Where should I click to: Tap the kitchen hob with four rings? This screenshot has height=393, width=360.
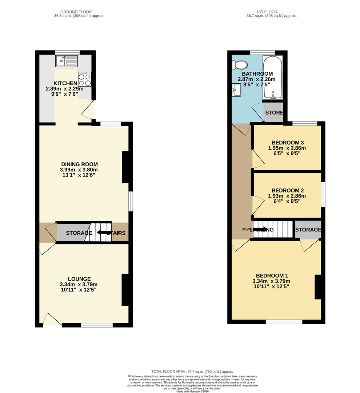point(84,79)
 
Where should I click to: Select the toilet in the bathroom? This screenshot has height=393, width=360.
point(240,65)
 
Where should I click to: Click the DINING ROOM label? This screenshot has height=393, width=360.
point(79,164)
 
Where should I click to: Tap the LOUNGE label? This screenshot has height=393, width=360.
point(79,279)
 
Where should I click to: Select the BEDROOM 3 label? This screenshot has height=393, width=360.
point(287,143)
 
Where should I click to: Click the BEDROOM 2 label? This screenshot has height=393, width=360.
point(287,190)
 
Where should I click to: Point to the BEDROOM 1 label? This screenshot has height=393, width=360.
point(271,275)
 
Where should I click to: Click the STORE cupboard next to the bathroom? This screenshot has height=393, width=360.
point(274,113)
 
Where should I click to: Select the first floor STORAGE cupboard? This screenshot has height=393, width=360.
point(308,230)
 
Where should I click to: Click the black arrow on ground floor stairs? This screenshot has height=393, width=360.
point(104,233)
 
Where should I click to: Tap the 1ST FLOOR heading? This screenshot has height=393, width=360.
point(265,12)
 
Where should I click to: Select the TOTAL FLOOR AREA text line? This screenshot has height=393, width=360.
point(193,371)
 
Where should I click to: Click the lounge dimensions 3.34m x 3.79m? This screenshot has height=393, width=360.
point(79,285)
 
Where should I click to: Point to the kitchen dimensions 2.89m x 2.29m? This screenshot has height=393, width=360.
point(65,89)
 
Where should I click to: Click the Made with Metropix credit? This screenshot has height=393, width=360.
point(193,391)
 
